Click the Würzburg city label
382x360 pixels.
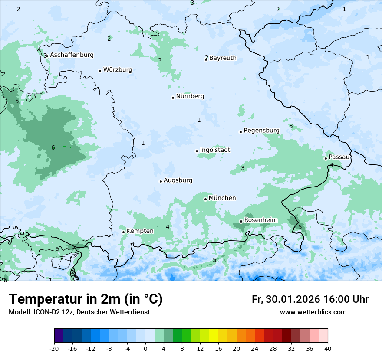(118, 70)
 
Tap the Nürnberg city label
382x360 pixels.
(190, 96)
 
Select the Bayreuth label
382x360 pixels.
(223, 58)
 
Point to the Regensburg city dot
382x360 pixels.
(240, 132)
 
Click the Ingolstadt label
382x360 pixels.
(215, 150)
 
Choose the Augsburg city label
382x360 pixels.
(178, 180)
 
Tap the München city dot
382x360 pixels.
(205, 199)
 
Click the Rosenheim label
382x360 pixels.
(260, 220)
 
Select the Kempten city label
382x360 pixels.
(140, 231)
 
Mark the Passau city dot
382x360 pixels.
(326, 158)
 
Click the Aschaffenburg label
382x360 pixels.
(72, 55)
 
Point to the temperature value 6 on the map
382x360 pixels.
(53, 148)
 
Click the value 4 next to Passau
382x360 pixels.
(332, 165)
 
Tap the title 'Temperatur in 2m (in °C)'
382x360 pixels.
(86, 299)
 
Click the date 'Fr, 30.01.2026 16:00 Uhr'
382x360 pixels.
(310, 299)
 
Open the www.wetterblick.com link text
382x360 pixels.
(313, 312)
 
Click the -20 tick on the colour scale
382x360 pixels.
(54, 348)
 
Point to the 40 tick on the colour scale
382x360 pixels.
(328, 348)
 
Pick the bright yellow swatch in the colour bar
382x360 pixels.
(214, 336)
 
